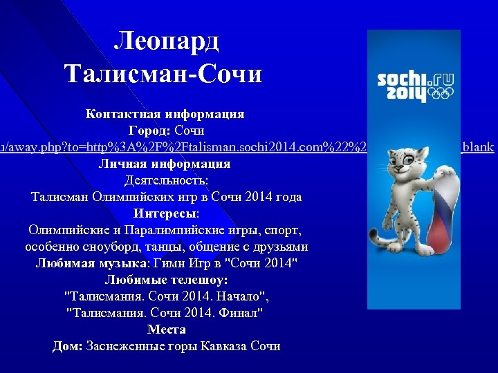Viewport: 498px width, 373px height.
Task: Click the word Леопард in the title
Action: (166, 42)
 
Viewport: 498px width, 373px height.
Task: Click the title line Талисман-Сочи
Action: (163, 73)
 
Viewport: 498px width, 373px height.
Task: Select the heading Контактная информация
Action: (165, 113)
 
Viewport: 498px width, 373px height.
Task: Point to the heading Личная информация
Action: (165, 164)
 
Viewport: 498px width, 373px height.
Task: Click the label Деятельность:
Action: (166, 180)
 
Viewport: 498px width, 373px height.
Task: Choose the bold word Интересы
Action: (164, 213)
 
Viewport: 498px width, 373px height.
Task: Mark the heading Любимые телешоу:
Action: (166, 280)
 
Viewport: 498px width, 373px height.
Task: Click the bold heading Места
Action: (166, 329)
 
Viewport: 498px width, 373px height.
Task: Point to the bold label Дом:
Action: (68, 346)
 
